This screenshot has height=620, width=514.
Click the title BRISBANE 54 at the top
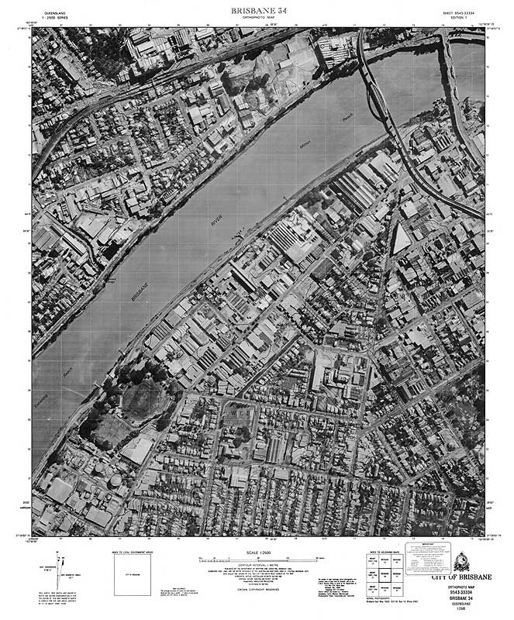(x=257, y=9)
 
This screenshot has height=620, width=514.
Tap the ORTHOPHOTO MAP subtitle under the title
(x=257, y=17)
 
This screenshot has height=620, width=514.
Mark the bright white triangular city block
(x=401, y=237)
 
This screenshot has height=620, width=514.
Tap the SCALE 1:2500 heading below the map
(x=257, y=552)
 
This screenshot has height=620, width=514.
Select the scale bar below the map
(x=257, y=559)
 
